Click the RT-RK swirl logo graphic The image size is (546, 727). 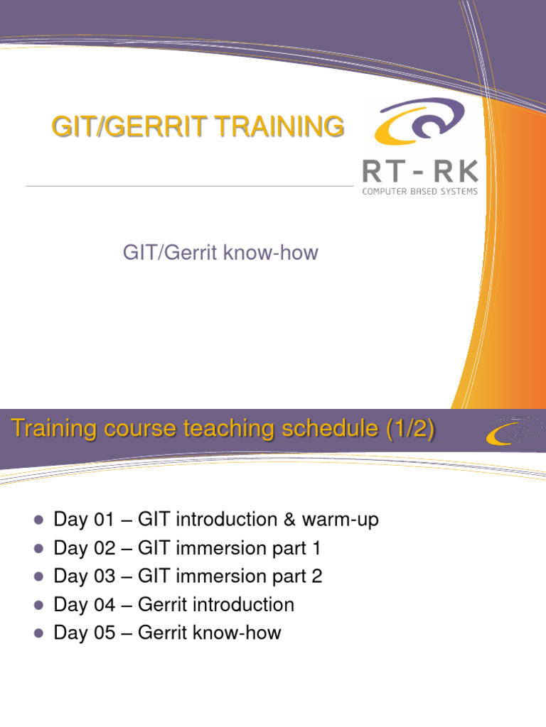coord(419,121)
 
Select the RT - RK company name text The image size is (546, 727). coord(420,170)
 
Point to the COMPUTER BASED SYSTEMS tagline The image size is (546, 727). coord(419,191)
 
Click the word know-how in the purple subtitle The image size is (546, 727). coord(271,253)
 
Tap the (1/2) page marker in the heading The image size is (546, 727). coord(410,428)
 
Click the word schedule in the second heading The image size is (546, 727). coord(330,428)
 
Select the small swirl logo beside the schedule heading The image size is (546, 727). coord(513,431)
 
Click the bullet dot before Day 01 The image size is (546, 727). coord(39,520)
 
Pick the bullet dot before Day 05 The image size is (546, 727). coord(39,633)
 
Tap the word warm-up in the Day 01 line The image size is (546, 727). coord(341,520)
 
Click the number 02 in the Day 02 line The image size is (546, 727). coord(105,548)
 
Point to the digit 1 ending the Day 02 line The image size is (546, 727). coord(316,548)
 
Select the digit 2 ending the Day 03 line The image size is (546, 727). coord(316,576)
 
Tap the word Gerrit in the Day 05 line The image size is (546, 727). coord(163,633)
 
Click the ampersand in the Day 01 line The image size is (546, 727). coord(290,520)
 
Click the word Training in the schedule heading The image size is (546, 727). coord(54,428)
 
